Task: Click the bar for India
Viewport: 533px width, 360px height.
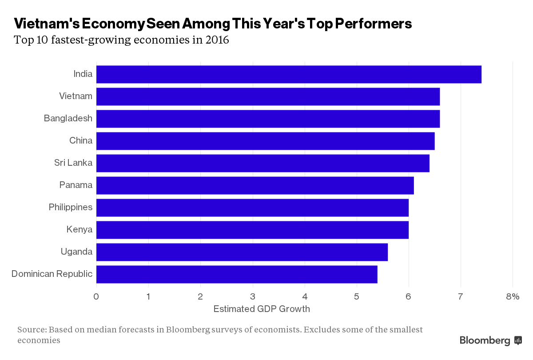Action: pos(289,74)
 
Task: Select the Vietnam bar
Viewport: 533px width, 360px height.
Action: pos(268,96)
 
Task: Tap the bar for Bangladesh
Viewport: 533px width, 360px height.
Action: pos(268,119)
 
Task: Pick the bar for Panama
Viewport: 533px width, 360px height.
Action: pos(255,185)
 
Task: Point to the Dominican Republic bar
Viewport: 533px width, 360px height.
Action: pos(237,274)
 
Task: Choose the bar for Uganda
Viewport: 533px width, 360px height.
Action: pos(242,252)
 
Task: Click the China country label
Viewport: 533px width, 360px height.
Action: pos(81,141)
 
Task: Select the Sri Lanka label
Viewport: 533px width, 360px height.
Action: pos(73,163)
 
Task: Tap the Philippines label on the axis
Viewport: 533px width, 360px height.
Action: pos(71,208)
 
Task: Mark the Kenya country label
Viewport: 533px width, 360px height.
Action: pos(80,230)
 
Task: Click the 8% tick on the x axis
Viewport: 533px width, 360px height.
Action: pos(512,297)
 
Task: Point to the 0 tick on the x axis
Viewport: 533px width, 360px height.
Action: pos(96,297)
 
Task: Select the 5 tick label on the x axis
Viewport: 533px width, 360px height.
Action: pos(357,297)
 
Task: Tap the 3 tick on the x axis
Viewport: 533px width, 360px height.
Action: pos(252,297)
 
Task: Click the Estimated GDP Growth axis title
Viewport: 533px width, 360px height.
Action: pos(262,309)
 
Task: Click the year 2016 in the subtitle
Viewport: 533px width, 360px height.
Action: pos(217,40)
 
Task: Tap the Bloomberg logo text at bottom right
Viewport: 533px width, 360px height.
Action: pos(485,341)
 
